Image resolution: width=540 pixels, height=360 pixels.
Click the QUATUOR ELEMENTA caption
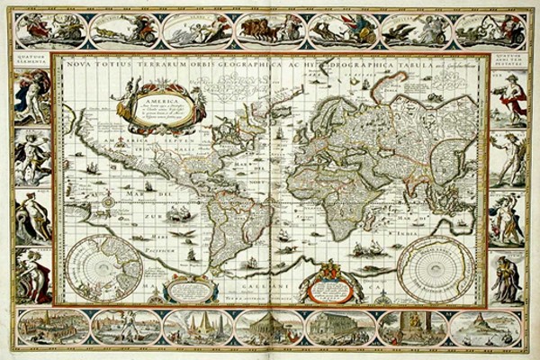30,62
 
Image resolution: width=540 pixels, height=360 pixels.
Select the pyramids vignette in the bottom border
196,328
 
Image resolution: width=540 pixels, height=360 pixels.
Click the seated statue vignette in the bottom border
413,328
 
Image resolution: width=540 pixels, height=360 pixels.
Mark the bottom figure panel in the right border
508,280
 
